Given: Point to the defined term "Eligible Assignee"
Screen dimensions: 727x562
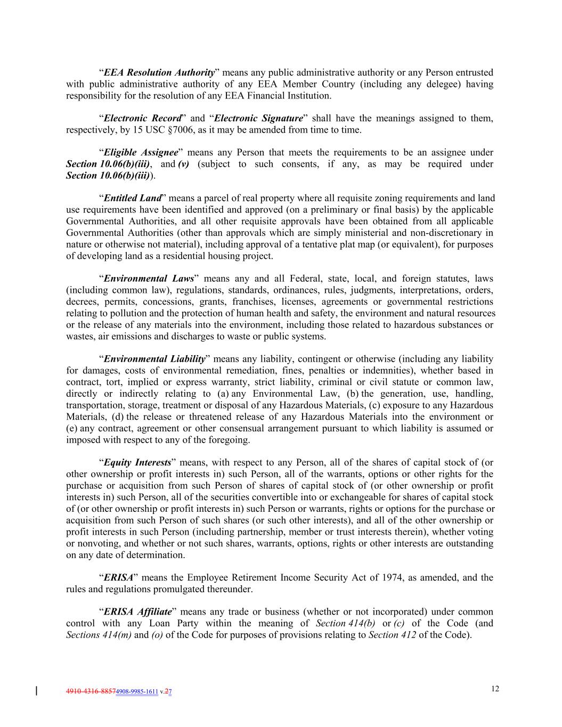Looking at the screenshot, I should point(141,153).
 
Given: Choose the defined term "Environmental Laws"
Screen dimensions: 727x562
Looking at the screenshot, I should point(149,279).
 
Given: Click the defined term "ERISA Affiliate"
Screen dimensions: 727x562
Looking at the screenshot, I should point(138,611).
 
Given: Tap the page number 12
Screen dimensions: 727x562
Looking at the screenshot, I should point(495,689).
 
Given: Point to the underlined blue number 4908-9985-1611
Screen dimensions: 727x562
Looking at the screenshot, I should point(137,692).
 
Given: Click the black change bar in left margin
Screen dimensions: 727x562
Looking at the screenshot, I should point(36,691).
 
